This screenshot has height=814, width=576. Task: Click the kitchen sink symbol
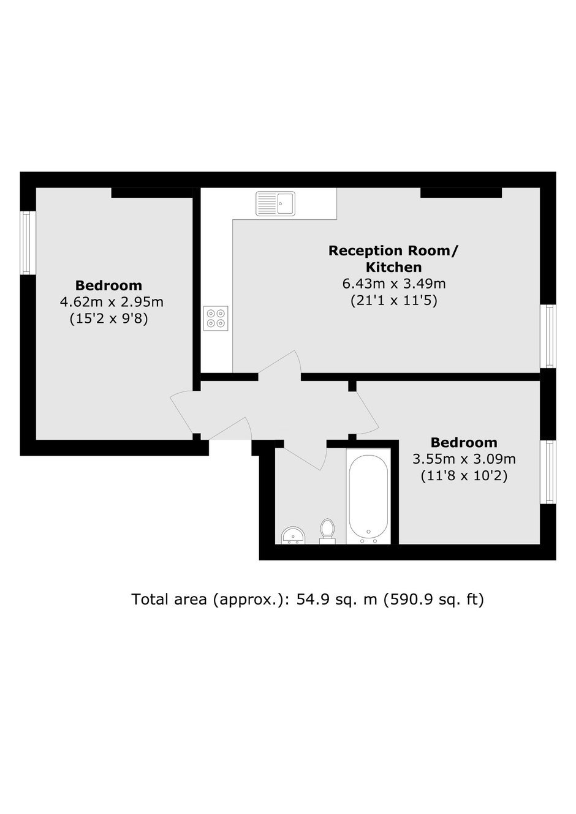tap(275, 203)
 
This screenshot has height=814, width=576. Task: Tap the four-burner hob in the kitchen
tap(216, 318)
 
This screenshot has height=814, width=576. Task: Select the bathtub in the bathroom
tap(368, 497)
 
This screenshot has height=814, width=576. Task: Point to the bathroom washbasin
tap(293, 536)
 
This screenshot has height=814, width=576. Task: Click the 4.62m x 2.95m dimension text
tap(112, 302)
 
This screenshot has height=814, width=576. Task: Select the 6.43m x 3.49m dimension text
tap(394, 284)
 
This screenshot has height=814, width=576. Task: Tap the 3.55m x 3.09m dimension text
tap(464, 459)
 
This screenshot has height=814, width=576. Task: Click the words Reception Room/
tap(394, 251)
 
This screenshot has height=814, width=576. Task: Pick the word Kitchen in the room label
tap(394, 267)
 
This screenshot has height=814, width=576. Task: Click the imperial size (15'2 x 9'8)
tap(108, 319)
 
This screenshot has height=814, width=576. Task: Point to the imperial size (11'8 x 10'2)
tap(464, 476)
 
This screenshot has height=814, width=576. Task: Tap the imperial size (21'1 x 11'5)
tap(394, 301)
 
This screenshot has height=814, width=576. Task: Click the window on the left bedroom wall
tap(28, 243)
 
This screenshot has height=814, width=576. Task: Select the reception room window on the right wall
tap(548, 336)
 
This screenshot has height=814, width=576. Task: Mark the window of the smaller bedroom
tap(548, 472)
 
